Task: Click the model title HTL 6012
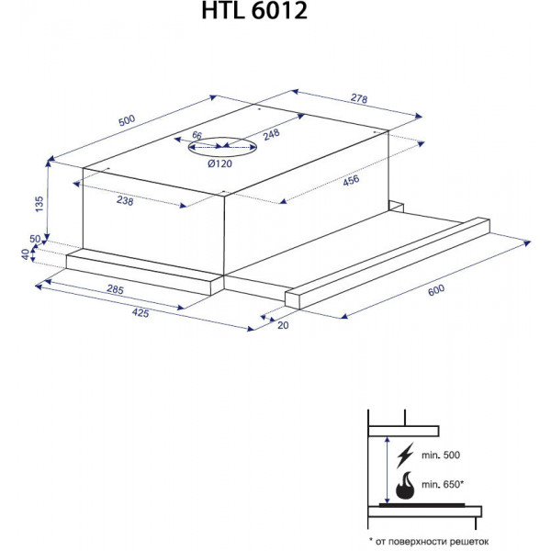254,10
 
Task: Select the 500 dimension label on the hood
127,120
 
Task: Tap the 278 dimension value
359,98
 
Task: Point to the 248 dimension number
271,134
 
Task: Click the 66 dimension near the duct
197,135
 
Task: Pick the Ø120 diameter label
220,163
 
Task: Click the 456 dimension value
351,181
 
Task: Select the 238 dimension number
125,200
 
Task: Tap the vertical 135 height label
39,204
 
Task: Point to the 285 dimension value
116,289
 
